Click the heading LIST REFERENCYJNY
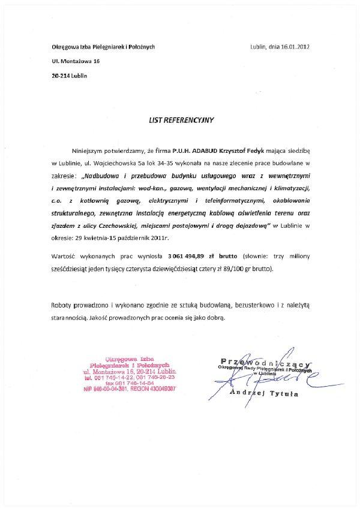tap(181, 120)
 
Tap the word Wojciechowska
tap(114, 162)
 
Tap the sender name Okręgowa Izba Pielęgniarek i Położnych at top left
tap(103, 47)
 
